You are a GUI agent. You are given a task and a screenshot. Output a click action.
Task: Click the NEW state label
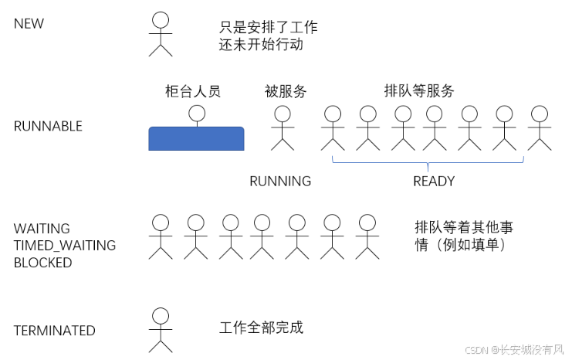pyautogui.click(x=29, y=24)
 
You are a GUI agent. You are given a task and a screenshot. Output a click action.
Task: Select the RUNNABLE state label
pyautogui.click(x=48, y=127)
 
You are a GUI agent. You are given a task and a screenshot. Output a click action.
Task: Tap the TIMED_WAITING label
pyautogui.click(x=65, y=246)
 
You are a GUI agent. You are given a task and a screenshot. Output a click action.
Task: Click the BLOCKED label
pyautogui.click(x=42, y=263)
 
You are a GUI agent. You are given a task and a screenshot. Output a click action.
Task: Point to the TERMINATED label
pyautogui.click(x=54, y=331)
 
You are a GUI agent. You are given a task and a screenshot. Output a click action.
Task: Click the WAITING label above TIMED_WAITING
pyautogui.click(x=42, y=229)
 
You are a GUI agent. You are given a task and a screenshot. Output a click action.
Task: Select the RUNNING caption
pyautogui.click(x=280, y=182)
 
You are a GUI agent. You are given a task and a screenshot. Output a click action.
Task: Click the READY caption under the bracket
pyautogui.click(x=434, y=182)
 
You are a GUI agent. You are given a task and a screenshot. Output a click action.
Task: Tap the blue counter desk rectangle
pyautogui.click(x=196, y=138)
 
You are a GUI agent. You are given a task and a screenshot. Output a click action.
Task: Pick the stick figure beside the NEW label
pyautogui.click(x=161, y=35)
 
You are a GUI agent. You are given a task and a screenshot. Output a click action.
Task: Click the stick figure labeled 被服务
pyautogui.click(x=282, y=127)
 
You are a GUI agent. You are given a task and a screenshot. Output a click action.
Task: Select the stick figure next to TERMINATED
pyautogui.click(x=161, y=328)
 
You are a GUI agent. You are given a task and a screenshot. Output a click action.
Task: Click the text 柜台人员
pyautogui.click(x=193, y=91)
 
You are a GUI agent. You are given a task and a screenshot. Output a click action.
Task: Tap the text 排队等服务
pyautogui.click(x=419, y=90)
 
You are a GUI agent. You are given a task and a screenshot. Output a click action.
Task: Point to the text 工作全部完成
pyautogui.click(x=262, y=328)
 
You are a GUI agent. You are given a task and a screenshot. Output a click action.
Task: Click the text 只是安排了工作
pyautogui.click(x=268, y=28)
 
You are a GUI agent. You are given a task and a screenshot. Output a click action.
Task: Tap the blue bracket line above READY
pyautogui.click(x=428, y=162)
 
